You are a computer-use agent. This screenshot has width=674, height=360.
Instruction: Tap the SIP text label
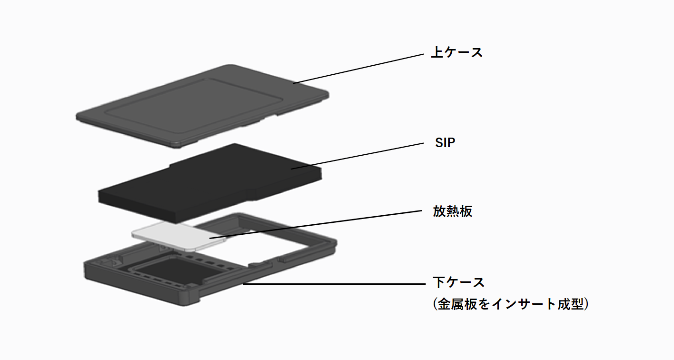(445, 143)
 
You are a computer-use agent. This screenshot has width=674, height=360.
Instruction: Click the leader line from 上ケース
(357, 69)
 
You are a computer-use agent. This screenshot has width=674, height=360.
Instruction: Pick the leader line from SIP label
(357, 156)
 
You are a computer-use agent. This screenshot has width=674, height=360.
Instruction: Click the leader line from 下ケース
(333, 284)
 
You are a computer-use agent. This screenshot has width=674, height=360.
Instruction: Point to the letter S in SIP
(438, 143)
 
